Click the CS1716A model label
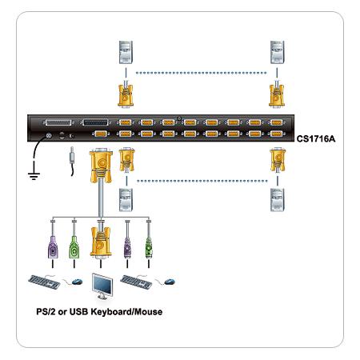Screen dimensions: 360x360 (316, 138)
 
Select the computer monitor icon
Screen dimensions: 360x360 (102, 286)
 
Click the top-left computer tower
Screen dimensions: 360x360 (126, 52)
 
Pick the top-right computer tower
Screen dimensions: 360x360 (277, 52)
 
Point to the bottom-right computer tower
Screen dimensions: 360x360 (278, 200)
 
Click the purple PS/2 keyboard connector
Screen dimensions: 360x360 (53, 247)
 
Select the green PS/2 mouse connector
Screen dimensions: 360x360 (74, 247)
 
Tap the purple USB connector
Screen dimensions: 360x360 (127, 248)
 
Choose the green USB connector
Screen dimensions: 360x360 (149, 248)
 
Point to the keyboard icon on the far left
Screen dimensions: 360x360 (44, 282)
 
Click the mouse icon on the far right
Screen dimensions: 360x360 (169, 282)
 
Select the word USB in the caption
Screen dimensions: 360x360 (78, 312)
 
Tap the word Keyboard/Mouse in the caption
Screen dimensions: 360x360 (126, 312)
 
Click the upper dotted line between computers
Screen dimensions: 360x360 (202, 73)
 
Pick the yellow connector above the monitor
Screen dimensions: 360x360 (101, 242)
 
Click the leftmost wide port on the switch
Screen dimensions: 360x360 (58, 122)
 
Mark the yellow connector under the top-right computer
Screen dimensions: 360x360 (277, 95)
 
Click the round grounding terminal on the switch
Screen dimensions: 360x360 (48, 136)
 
